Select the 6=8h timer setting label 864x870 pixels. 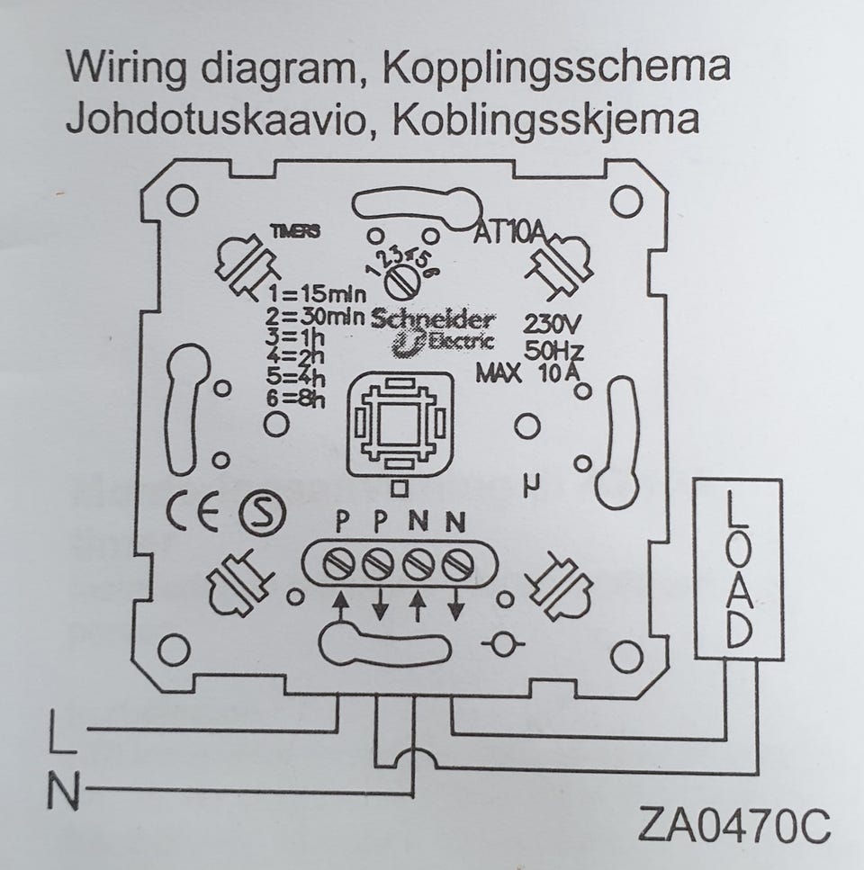click(x=296, y=400)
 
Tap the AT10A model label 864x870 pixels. click(x=510, y=233)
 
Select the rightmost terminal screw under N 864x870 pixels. click(x=458, y=564)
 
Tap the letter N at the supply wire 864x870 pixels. click(x=62, y=792)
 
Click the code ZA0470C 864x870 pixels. click(x=733, y=825)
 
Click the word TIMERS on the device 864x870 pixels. click(x=295, y=231)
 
